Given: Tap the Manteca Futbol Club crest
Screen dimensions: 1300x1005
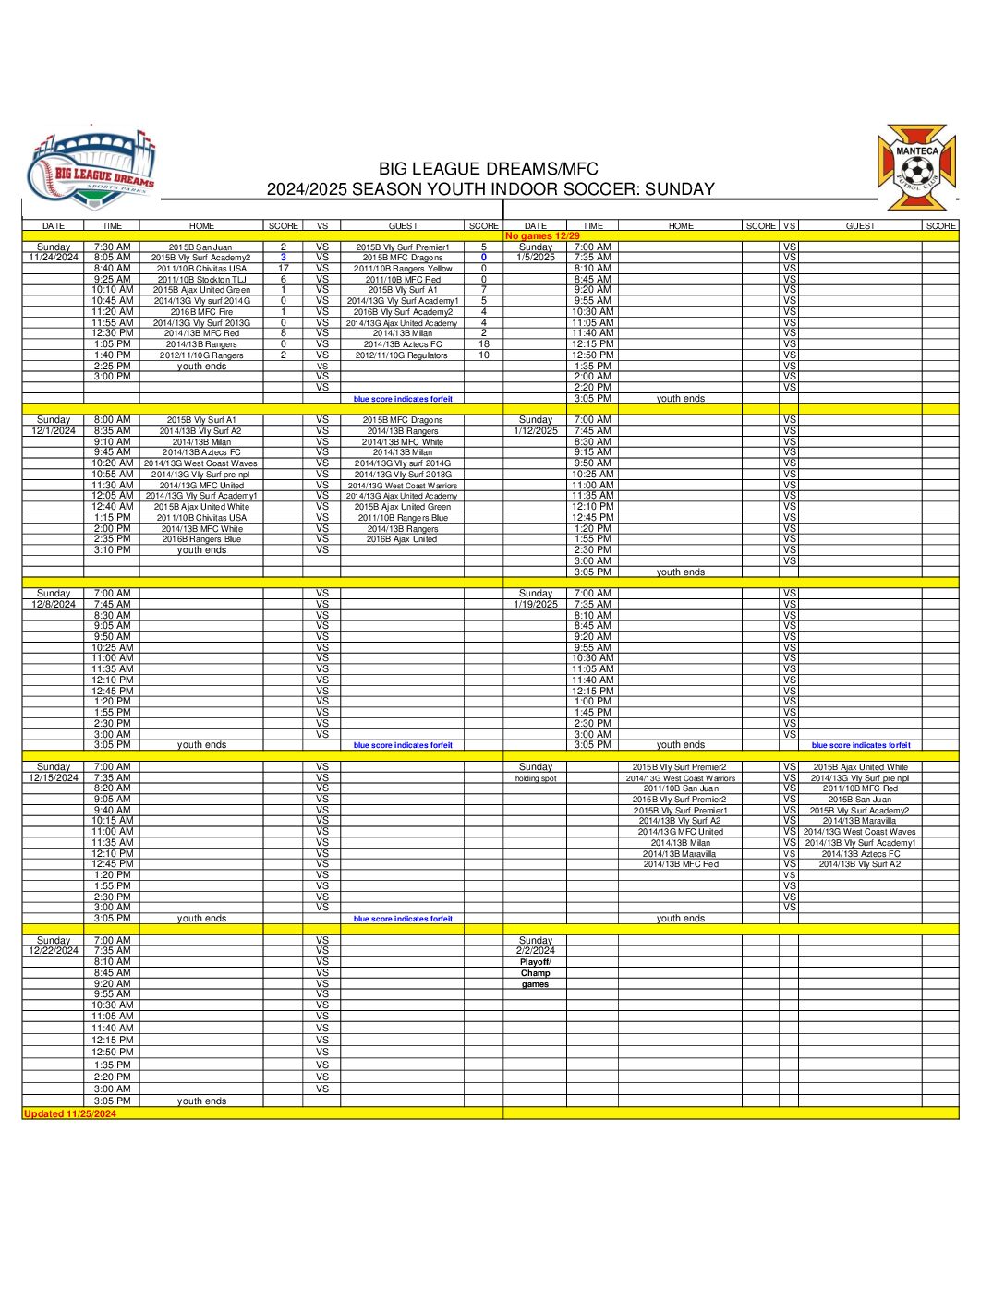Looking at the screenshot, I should [916, 167].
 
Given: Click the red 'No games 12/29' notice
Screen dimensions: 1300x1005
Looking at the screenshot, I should [542, 236].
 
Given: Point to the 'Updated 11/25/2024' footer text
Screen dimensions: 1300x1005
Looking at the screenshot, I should [70, 1113].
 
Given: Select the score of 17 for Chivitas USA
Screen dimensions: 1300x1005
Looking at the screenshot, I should [284, 269].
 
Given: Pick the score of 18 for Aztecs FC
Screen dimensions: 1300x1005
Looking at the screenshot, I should [483, 344].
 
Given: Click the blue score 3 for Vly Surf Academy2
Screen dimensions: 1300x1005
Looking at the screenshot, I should [284, 258].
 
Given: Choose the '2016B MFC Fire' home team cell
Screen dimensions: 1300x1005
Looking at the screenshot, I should [201, 312].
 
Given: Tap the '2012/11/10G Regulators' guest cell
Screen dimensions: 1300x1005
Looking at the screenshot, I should [402, 355].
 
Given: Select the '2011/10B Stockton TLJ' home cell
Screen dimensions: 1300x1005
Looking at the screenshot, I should [201, 280].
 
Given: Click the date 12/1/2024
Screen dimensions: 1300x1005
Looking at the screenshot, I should [54, 431].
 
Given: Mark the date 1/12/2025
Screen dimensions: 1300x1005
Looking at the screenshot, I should [536, 431].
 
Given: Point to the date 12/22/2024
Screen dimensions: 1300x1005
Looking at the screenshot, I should [54, 951].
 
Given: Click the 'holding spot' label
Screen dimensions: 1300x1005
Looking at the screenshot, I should [536, 778].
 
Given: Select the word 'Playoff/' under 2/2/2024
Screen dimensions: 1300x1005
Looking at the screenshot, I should [536, 962].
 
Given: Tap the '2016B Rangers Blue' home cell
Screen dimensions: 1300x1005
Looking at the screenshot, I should [201, 539].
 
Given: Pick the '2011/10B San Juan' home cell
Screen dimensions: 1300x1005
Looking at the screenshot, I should [681, 788].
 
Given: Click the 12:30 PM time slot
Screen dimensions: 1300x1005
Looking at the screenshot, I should [113, 333].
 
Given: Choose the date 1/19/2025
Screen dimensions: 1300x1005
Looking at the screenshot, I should [536, 605].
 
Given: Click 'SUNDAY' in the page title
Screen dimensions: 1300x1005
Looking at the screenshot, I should [679, 189].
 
